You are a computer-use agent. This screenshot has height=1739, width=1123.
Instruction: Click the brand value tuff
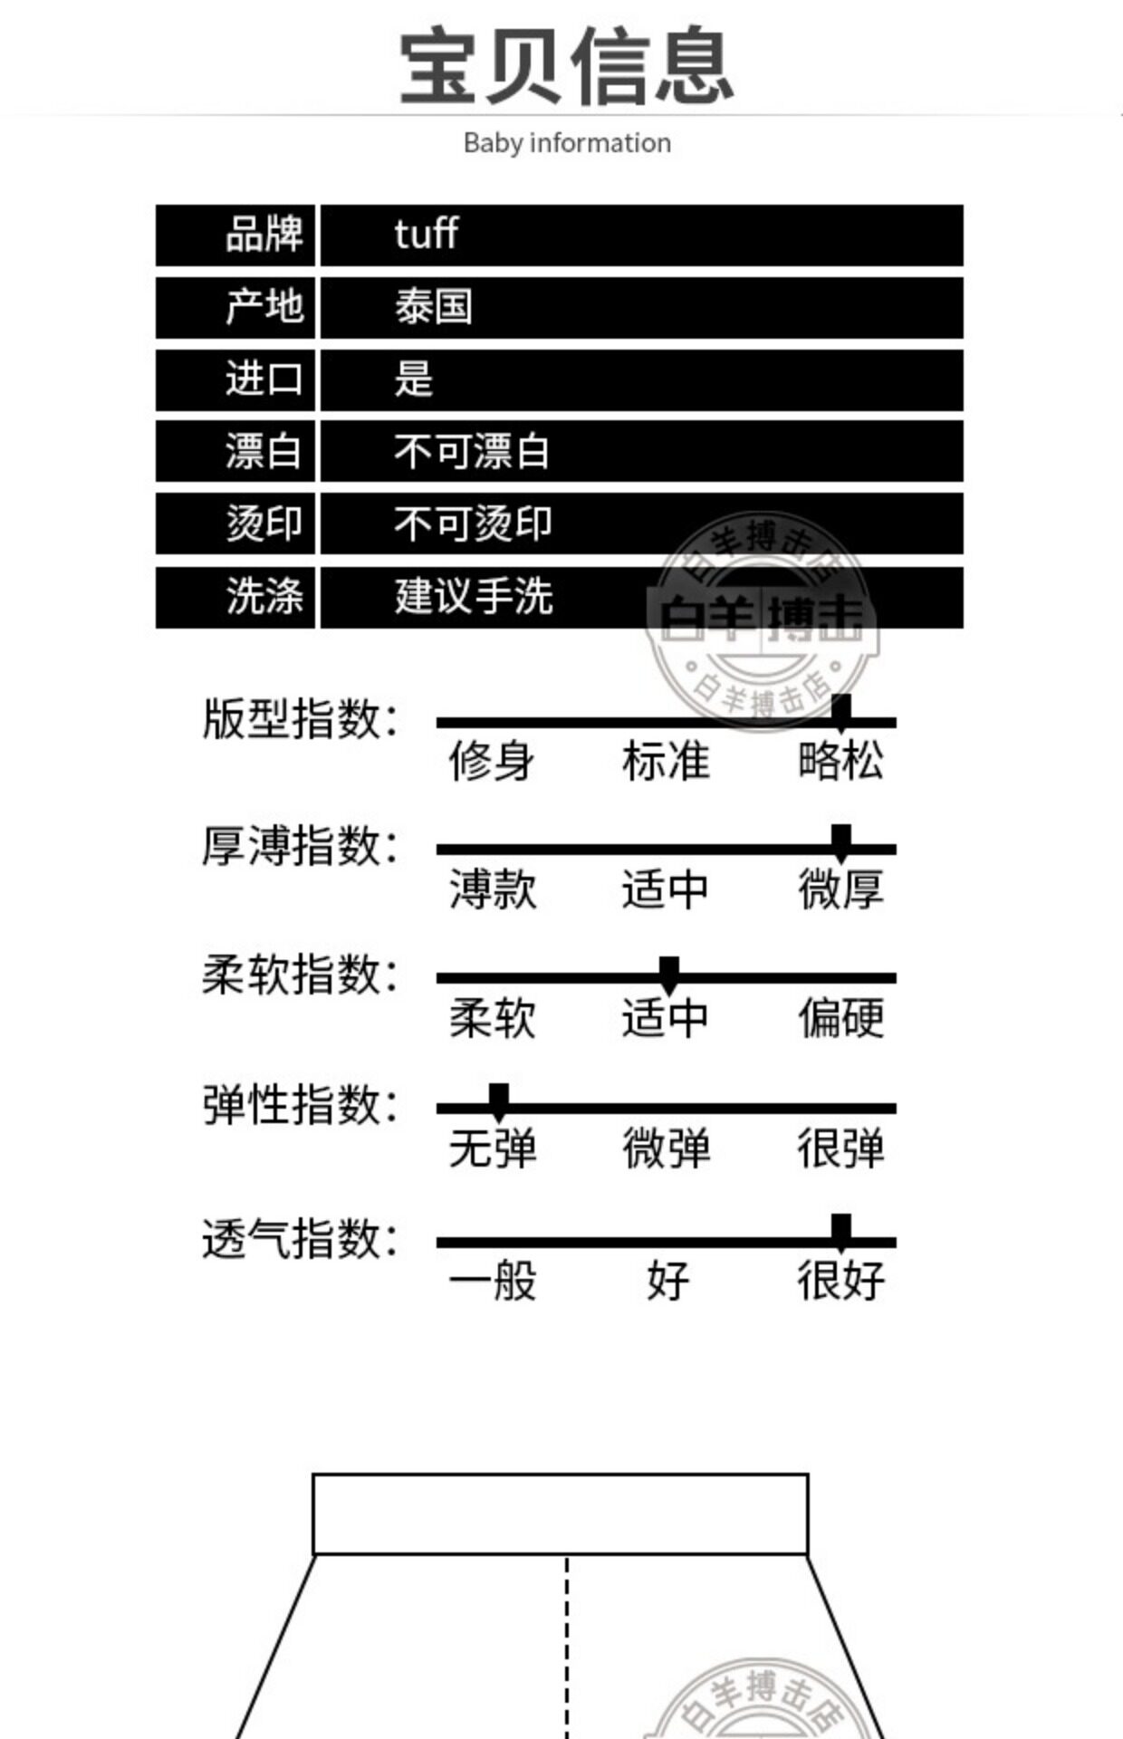(x=426, y=235)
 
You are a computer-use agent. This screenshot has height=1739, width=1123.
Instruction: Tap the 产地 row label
(x=264, y=306)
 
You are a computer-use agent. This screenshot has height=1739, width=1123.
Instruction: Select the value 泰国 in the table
(x=433, y=307)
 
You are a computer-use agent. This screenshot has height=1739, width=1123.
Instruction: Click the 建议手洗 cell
(x=473, y=597)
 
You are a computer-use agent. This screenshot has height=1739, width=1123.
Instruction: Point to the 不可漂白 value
(x=471, y=451)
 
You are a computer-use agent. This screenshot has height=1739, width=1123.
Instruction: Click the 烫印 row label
(x=264, y=524)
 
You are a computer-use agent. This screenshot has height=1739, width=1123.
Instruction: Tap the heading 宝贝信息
(x=566, y=65)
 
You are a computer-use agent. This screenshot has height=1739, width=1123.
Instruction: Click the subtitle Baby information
(x=567, y=143)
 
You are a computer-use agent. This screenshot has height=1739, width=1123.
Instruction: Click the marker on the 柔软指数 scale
(x=669, y=972)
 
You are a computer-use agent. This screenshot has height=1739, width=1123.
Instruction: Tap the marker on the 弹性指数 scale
(x=498, y=1100)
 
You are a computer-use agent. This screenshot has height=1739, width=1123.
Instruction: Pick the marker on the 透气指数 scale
(x=841, y=1232)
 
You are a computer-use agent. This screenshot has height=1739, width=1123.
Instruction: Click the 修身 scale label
(x=491, y=760)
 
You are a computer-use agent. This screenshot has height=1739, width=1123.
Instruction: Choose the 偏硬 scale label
(x=840, y=1017)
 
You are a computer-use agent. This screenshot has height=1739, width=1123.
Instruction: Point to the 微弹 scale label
(x=666, y=1148)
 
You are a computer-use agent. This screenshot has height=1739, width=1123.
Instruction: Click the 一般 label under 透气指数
(x=493, y=1281)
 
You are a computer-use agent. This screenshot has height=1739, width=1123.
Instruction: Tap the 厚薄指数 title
(x=299, y=847)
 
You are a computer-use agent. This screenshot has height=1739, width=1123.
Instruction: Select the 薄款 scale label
(x=493, y=889)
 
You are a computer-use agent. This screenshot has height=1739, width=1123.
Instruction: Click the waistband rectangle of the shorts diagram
(x=560, y=1514)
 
